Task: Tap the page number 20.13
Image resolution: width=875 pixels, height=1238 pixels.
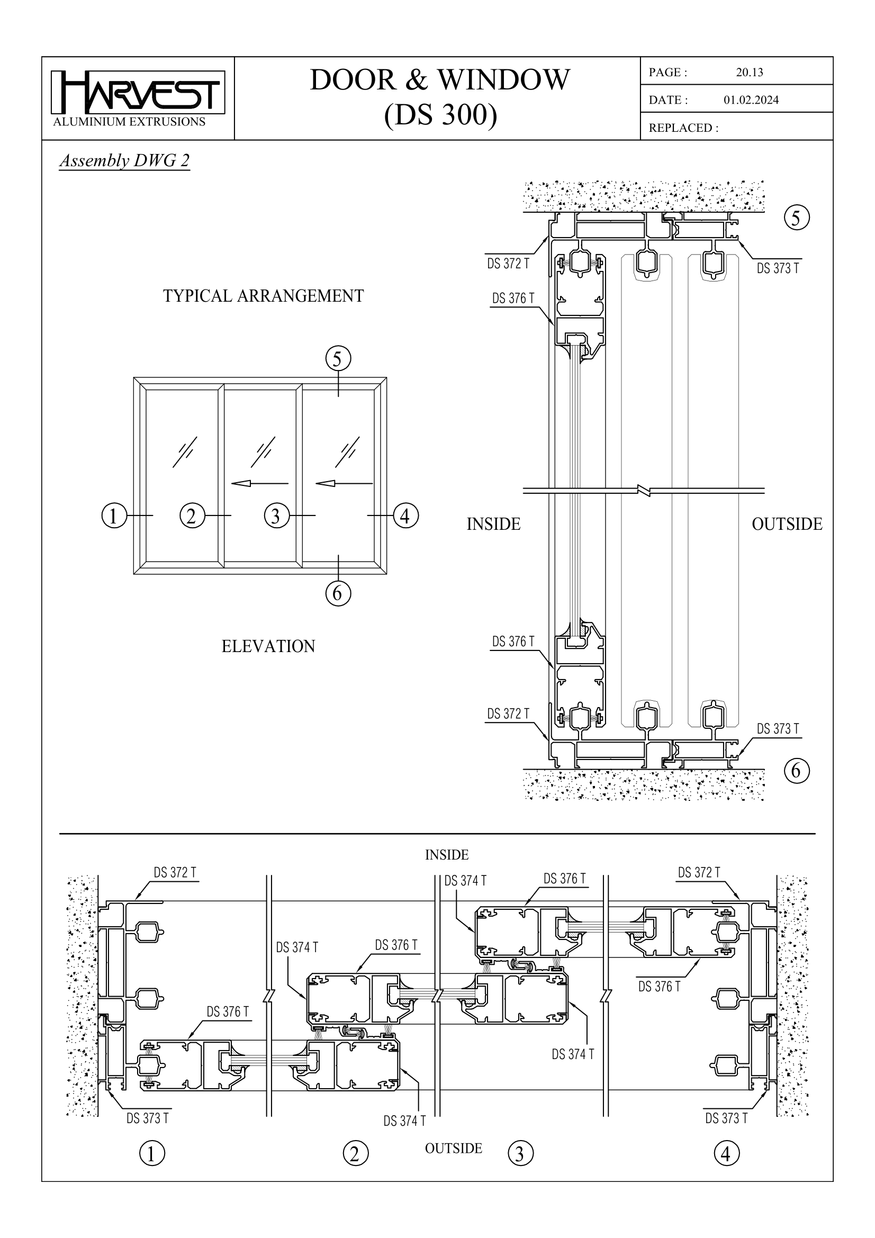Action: pos(749,73)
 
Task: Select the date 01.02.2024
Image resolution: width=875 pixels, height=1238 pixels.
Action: pos(751,100)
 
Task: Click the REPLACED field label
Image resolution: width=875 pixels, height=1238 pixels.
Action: pos(683,128)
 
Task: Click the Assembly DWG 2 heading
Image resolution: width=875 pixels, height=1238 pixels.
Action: pos(124,161)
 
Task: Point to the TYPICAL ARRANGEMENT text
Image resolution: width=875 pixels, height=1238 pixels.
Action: pos(263,296)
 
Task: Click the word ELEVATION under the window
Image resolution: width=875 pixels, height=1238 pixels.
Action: pos(268,646)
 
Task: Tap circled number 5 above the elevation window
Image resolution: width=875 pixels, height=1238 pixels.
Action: pos(338,358)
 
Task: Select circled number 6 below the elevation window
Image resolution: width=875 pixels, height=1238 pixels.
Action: pos(338,593)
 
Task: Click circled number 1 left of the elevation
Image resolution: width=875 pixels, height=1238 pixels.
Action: pos(114,516)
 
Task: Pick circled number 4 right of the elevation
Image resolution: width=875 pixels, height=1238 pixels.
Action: pos(405,516)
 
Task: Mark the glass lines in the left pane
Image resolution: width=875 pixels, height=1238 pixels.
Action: pos(184,452)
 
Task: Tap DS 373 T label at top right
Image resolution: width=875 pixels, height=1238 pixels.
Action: pos(778,268)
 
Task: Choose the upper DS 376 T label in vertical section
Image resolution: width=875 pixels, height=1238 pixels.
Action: pos(513,298)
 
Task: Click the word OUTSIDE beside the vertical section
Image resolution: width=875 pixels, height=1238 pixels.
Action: pos(787,524)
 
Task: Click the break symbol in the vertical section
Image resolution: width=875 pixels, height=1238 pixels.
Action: pos(644,491)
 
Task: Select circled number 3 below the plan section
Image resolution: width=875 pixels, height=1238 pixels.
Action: pos(520,1154)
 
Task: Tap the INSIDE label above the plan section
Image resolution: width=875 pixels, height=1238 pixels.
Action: pos(446,855)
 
